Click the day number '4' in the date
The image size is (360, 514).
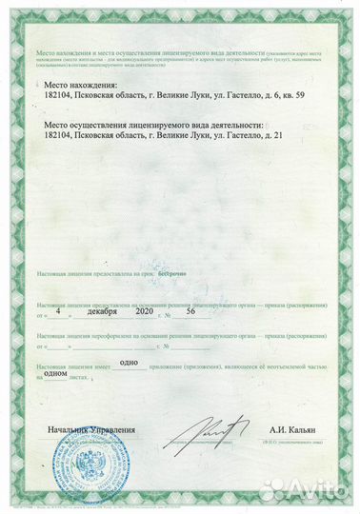click(x=58, y=310)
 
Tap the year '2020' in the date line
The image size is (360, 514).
click(x=143, y=310)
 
